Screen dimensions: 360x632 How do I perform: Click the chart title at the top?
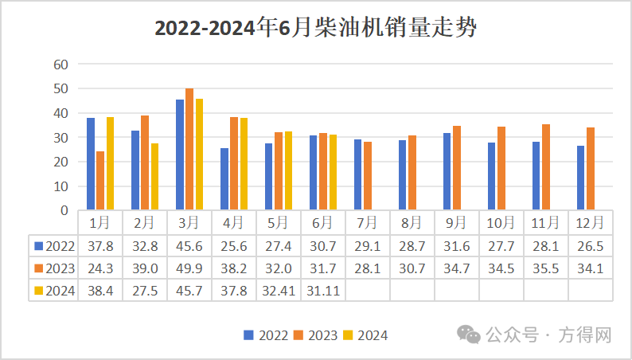[315, 29]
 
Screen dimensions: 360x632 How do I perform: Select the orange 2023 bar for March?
[189, 150]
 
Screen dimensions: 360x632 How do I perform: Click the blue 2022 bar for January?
[91, 164]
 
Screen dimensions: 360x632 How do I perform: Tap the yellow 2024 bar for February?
[154, 177]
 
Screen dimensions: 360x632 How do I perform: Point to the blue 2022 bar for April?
[224, 179]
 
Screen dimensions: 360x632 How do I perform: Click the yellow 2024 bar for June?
[333, 173]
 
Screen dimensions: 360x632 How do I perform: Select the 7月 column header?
[368, 222]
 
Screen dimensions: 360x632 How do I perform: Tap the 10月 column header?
[501, 222]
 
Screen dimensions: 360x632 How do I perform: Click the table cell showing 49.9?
[189, 268]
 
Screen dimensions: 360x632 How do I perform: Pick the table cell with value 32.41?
[279, 291]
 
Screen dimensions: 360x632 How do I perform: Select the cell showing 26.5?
[591, 246]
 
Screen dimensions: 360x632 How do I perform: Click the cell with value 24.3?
[100, 268]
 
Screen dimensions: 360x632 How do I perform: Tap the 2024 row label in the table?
[55, 291]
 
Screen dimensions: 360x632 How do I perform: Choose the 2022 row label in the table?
[55, 246]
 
